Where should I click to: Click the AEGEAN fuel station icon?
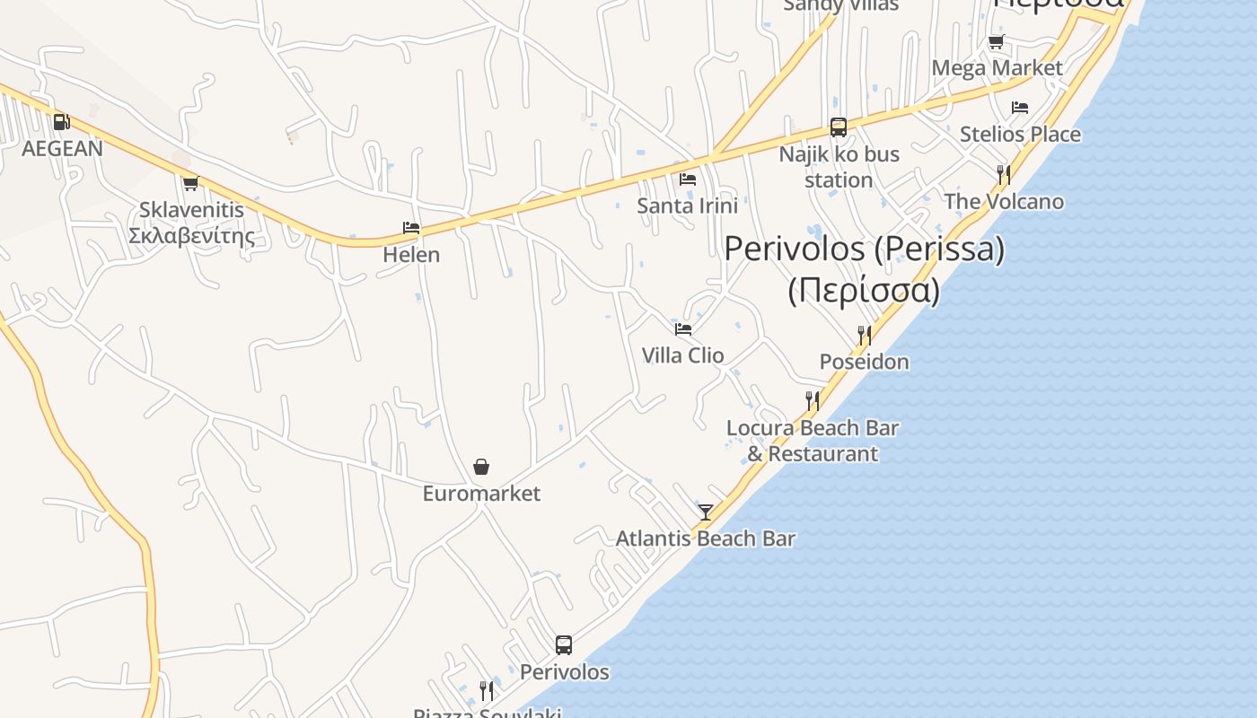click(61, 122)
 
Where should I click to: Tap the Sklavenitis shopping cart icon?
click(190, 184)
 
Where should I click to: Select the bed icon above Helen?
click(411, 228)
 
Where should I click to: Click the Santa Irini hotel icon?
click(688, 179)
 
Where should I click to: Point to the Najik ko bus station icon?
click(838, 127)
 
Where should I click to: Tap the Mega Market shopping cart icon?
click(996, 42)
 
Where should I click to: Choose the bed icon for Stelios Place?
click(1020, 108)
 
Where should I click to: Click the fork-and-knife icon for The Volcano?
click(1004, 174)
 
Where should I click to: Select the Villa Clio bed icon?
click(683, 329)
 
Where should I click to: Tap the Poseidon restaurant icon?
click(864, 336)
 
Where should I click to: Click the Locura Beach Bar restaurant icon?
click(813, 401)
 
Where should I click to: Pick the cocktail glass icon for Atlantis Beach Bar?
click(706, 512)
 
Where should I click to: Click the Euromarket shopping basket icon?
click(481, 467)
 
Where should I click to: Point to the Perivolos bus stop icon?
click(564, 645)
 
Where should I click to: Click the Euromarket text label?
click(481, 494)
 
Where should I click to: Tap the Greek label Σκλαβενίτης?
click(191, 237)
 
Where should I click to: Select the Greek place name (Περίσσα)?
click(864, 291)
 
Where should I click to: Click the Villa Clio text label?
click(682, 355)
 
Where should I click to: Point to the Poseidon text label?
click(864, 362)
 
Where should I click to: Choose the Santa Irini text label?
click(687, 206)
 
